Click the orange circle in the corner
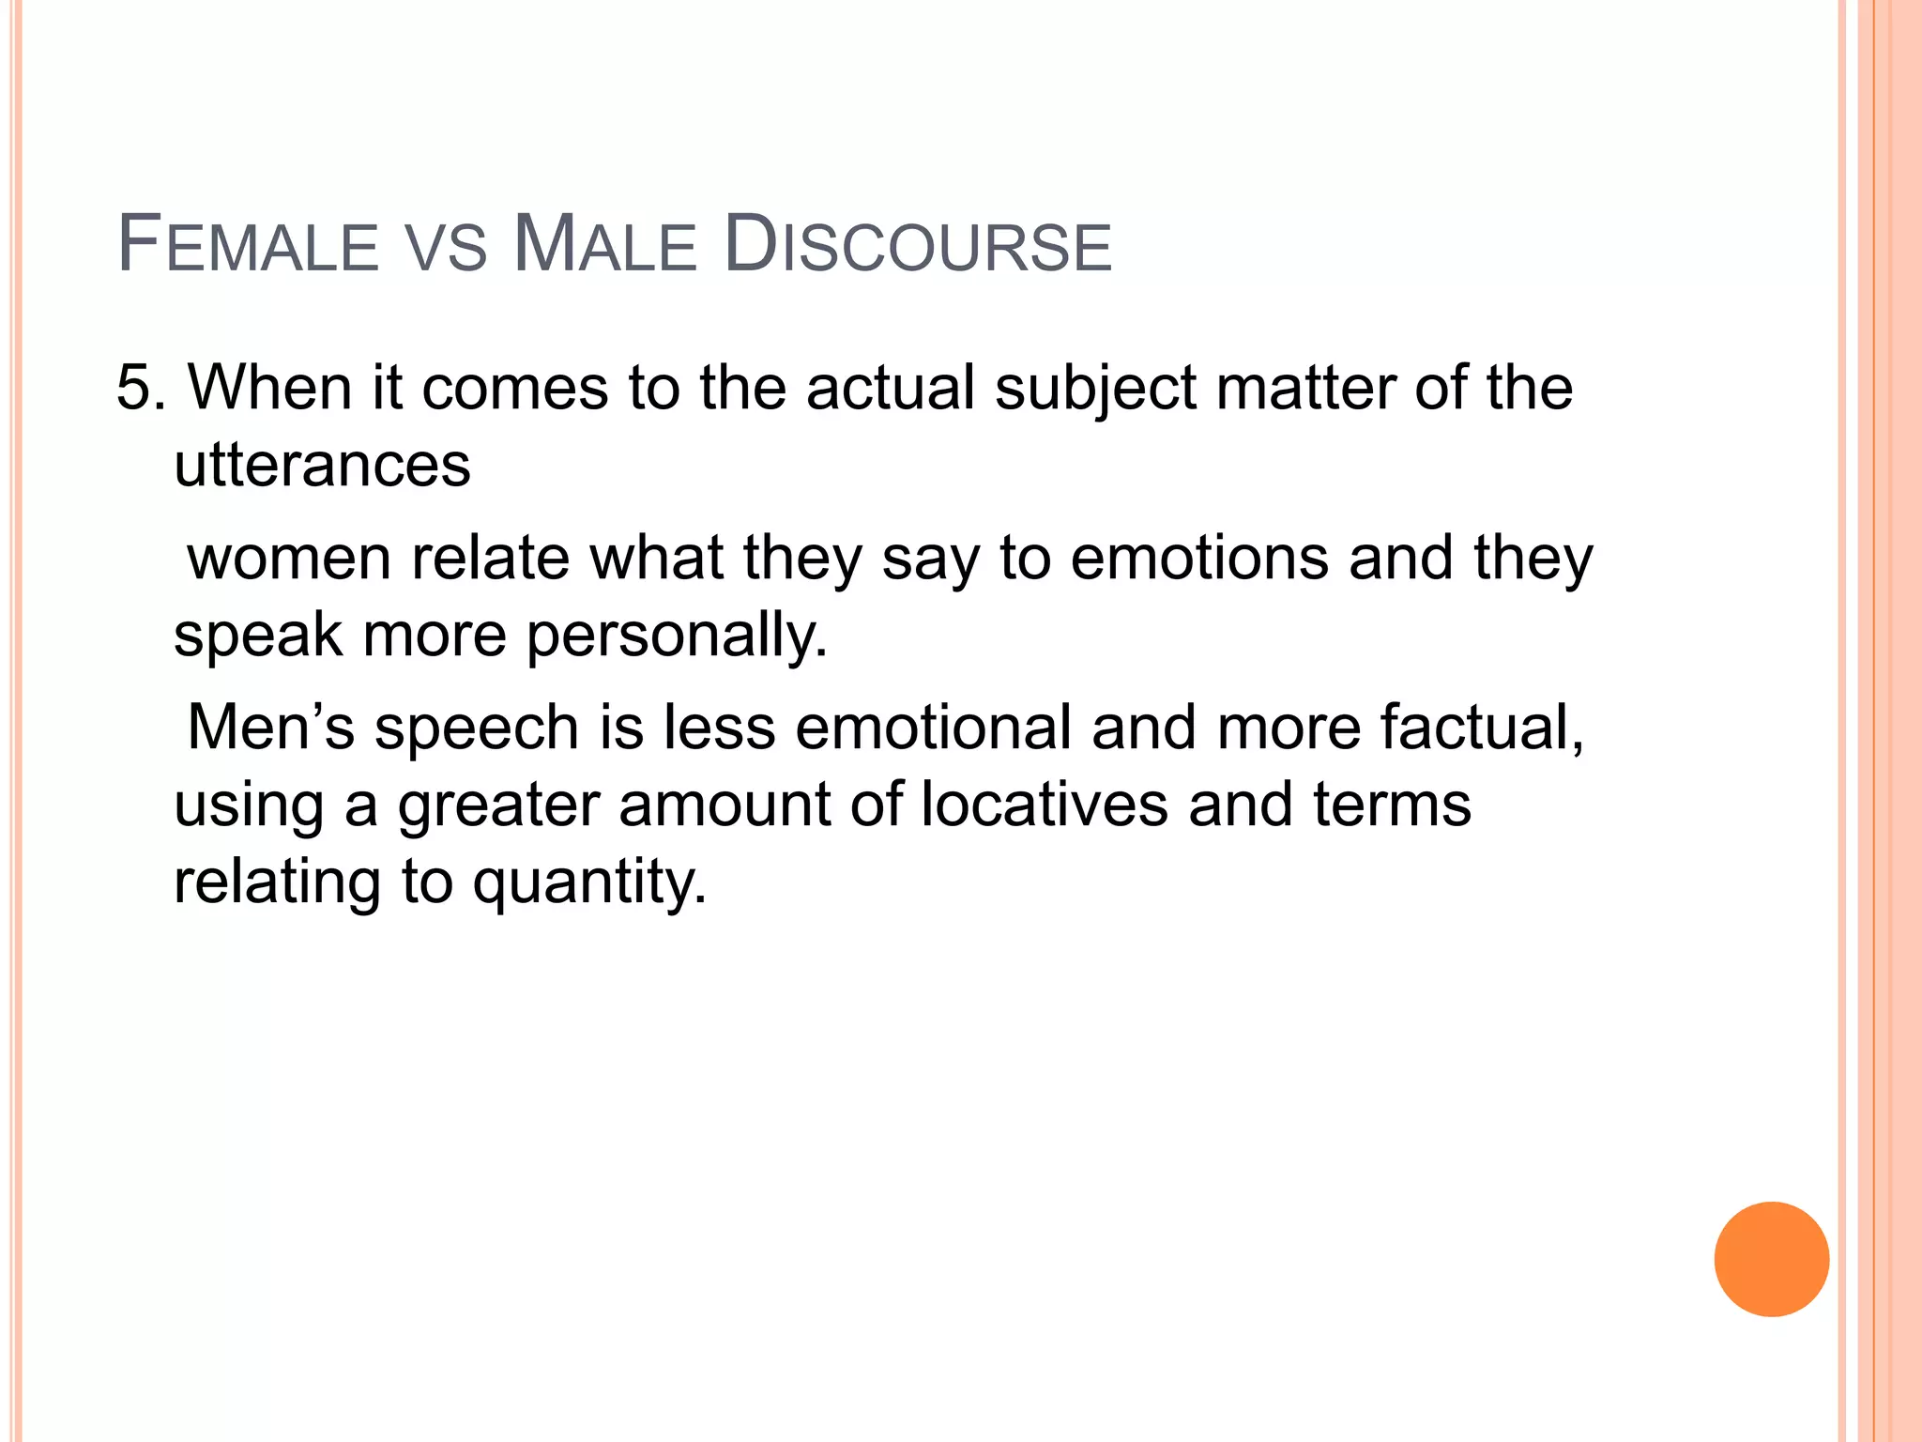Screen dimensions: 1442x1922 1771,1259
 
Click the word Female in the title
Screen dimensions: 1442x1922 247,245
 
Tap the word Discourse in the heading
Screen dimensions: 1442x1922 918,245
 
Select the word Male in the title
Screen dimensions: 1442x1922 605,245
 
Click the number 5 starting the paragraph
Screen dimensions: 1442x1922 133,387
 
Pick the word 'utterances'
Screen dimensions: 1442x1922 322,466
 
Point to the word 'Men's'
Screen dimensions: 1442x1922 271,728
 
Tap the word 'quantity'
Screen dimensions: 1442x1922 588,883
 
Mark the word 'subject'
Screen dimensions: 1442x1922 1095,389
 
